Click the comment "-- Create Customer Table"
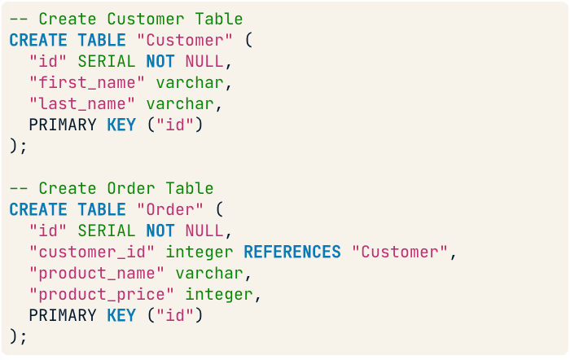[x=126, y=18]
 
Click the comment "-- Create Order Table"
[x=112, y=188]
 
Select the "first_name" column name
[x=87, y=82]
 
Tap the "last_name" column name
[x=82, y=103]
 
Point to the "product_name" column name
[x=97, y=273]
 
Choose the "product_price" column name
[x=102, y=294]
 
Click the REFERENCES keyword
[x=292, y=252]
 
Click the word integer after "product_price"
[x=219, y=294]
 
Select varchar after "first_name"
[x=190, y=82]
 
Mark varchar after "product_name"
[x=209, y=273]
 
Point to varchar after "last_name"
[x=180, y=103]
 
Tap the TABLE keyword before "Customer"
[x=102, y=39]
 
